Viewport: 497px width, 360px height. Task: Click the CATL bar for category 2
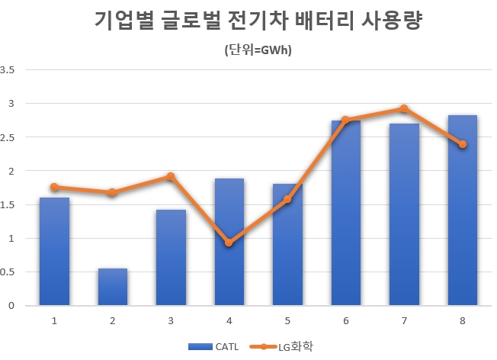[x=113, y=287]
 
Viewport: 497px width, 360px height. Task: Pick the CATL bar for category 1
[x=54, y=252]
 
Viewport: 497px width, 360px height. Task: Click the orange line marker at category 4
[x=229, y=243]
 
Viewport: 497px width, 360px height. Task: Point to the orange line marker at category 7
[x=404, y=109]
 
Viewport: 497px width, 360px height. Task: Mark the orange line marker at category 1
[x=54, y=187]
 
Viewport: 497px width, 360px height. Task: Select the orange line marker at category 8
[x=463, y=144]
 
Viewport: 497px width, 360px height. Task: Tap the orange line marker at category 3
[x=171, y=176]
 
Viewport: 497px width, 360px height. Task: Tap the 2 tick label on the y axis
[x=11, y=171]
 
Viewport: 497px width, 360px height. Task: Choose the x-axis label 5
[x=287, y=320]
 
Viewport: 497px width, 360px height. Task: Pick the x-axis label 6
[x=346, y=320]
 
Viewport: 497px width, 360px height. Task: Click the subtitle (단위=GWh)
[x=258, y=50]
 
